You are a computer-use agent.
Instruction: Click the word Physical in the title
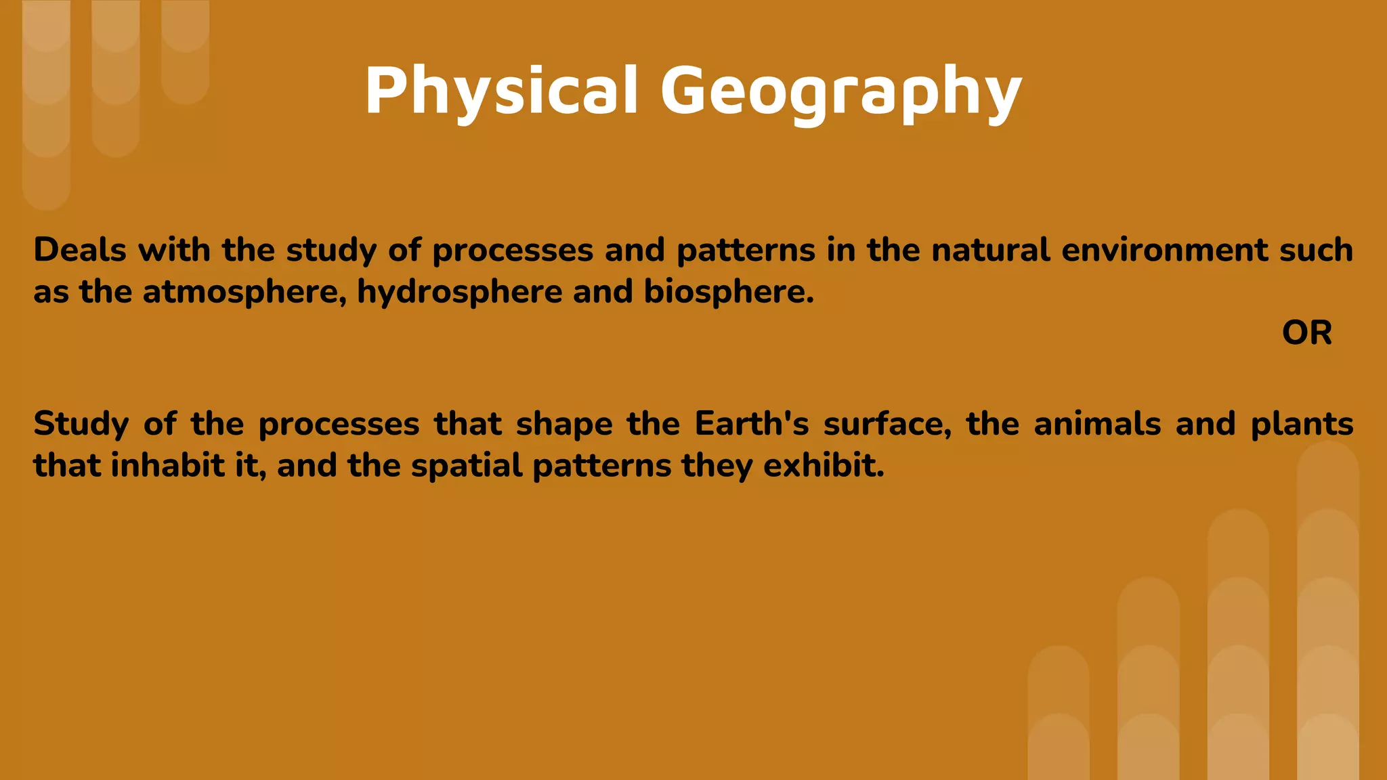501,91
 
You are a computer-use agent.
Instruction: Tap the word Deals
80,250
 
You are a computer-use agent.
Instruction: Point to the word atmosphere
244,292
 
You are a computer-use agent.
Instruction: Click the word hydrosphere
459,292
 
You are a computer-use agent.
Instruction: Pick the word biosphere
728,292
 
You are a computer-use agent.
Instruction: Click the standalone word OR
1306,333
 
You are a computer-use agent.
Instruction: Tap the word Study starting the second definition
81,425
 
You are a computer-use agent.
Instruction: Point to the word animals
1097,425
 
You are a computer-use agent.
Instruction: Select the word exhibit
824,466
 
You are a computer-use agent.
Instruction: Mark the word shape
563,425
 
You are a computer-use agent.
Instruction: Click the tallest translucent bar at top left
46,102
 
